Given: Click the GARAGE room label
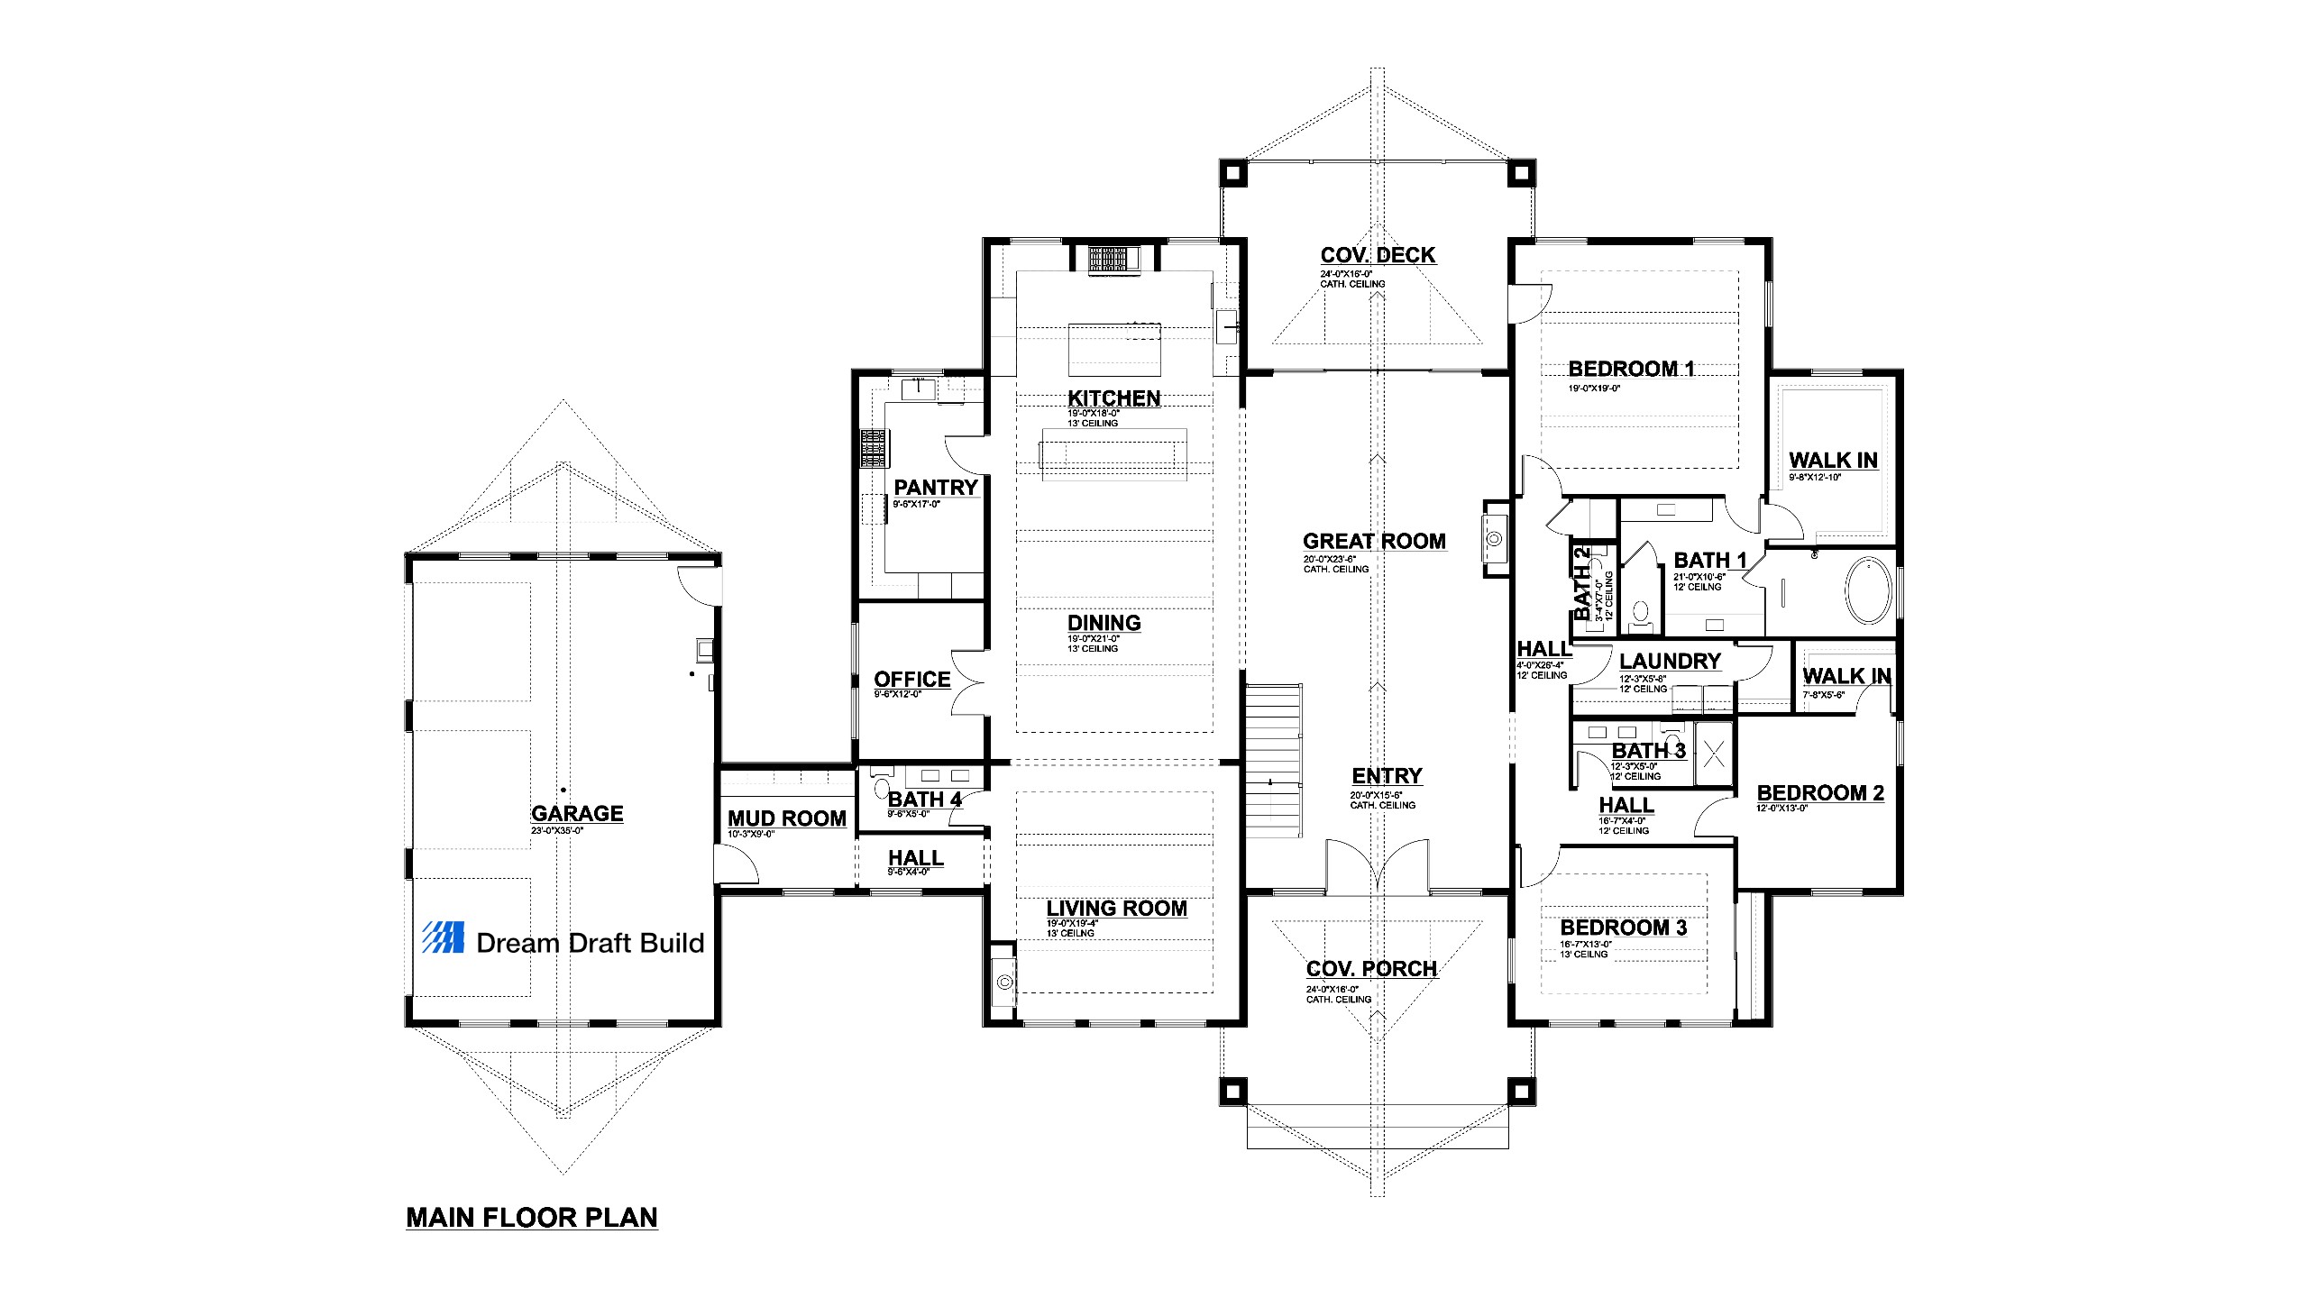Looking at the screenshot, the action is point(577,813).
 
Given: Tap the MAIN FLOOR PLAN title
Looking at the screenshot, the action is point(532,1217).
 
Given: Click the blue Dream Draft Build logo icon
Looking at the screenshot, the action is point(444,937).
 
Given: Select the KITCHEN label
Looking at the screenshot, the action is point(1113,398).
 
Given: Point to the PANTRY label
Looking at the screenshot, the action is point(936,487).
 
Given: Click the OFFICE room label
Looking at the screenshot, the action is point(911,679).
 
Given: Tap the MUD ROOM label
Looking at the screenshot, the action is point(787,818).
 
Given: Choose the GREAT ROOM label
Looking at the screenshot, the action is point(1374,541).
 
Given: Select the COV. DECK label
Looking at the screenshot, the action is point(1378,255).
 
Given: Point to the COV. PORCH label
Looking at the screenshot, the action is point(1371,969).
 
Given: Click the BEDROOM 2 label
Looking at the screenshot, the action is point(1820,792).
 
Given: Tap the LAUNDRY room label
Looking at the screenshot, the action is point(1670,661).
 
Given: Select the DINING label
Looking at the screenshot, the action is point(1104,623).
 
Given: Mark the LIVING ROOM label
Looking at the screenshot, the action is point(1116,908).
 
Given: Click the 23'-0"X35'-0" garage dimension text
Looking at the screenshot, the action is point(557,830).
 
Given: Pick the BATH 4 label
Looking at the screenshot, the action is point(924,799).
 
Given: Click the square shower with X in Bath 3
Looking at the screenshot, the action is point(1714,751).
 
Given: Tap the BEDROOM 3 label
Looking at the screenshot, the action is point(1623,928).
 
